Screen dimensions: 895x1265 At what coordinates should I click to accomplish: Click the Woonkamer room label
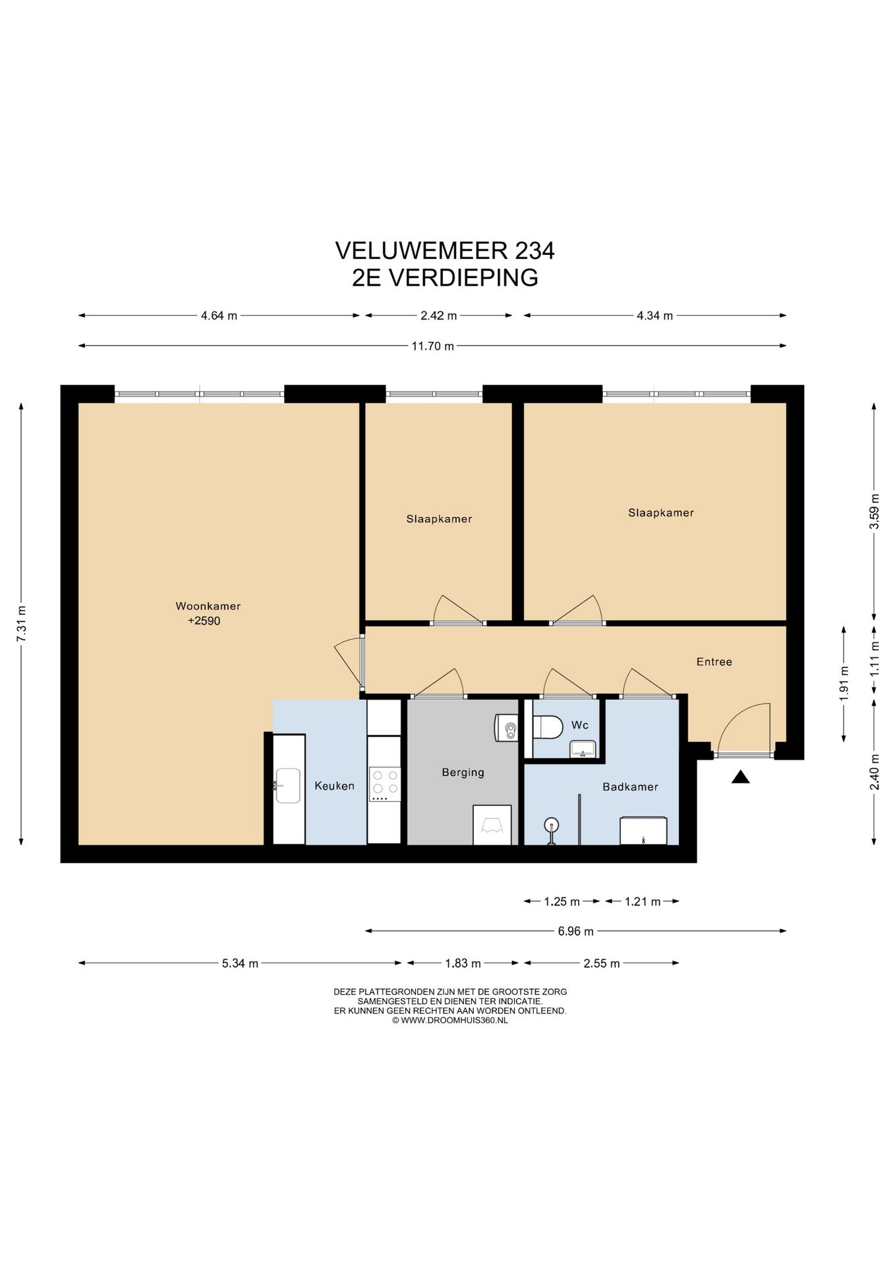tap(208, 606)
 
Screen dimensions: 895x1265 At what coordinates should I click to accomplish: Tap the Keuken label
tap(334, 785)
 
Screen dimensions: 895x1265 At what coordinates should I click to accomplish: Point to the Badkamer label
tap(630, 787)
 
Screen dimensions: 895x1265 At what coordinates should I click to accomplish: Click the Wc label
tap(579, 725)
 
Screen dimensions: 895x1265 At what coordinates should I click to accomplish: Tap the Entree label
tap(714, 661)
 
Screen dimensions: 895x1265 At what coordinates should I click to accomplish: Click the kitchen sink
tap(288, 785)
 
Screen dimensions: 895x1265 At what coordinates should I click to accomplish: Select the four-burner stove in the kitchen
tap(385, 784)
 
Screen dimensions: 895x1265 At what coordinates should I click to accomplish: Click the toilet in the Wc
tap(547, 727)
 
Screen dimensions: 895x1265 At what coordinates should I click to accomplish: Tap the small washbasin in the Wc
tap(583, 748)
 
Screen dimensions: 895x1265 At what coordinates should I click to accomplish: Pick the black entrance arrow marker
tap(741, 777)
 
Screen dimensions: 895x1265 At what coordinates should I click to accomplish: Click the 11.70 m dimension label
tap(432, 346)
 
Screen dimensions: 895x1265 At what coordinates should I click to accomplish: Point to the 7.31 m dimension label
tap(21, 623)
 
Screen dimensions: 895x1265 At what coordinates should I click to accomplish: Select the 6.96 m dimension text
tap(575, 931)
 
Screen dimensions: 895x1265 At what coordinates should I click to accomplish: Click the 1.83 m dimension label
tap(463, 963)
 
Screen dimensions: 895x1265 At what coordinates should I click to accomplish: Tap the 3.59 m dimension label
tap(874, 511)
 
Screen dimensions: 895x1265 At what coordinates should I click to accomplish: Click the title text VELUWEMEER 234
tap(445, 250)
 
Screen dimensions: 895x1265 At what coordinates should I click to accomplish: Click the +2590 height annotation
tap(204, 621)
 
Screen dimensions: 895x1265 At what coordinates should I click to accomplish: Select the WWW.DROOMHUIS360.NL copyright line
tap(450, 1020)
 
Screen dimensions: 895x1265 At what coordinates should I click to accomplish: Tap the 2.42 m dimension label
tap(438, 316)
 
